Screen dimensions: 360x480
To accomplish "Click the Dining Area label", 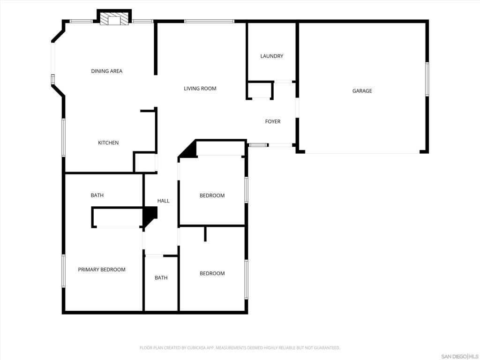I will (x=106, y=71).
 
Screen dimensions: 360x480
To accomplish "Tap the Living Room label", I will (x=200, y=89).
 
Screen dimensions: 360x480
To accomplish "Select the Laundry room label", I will (x=271, y=56).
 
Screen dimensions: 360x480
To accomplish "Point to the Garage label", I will (x=362, y=91).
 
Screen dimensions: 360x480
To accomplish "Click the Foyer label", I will (x=272, y=122).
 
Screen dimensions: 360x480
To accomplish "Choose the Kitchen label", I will (x=108, y=143).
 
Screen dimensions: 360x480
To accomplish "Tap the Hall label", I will (x=163, y=201).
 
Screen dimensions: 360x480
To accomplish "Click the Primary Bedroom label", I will (x=102, y=270).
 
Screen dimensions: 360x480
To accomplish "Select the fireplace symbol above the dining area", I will (x=114, y=19).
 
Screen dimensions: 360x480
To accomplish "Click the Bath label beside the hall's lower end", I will (x=161, y=278).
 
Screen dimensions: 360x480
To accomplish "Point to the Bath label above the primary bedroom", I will (x=97, y=195).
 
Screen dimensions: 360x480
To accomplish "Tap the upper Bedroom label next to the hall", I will (x=212, y=196).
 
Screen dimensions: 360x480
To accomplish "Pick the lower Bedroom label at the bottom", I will (x=212, y=274).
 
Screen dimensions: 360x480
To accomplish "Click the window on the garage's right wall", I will (x=427, y=80).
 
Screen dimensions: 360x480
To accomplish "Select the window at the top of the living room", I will (x=209, y=21).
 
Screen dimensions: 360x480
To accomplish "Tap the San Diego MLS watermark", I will (x=460, y=356).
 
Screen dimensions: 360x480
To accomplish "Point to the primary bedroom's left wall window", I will (x=64, y=270).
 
